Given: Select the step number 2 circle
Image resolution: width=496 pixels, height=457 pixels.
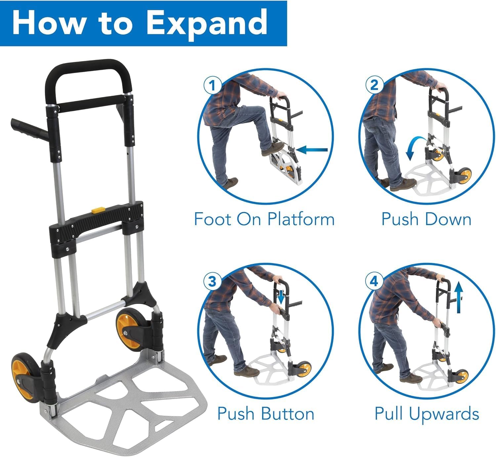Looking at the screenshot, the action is click(x=374, y=85).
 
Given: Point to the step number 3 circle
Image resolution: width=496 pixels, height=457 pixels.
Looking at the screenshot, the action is click(x=212, y=282).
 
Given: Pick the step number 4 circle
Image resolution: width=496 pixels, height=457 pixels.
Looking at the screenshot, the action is click(x=374, y=281).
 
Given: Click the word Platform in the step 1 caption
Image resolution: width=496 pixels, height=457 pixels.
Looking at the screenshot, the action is click(x=301, y=219).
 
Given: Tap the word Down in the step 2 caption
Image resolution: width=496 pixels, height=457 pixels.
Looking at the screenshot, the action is click(x=448, y=219).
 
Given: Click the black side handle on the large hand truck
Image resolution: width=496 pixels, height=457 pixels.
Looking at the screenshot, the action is click(x=30, y=129).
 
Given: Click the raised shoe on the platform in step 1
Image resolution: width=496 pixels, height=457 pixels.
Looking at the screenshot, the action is click(x=273, y=149).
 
